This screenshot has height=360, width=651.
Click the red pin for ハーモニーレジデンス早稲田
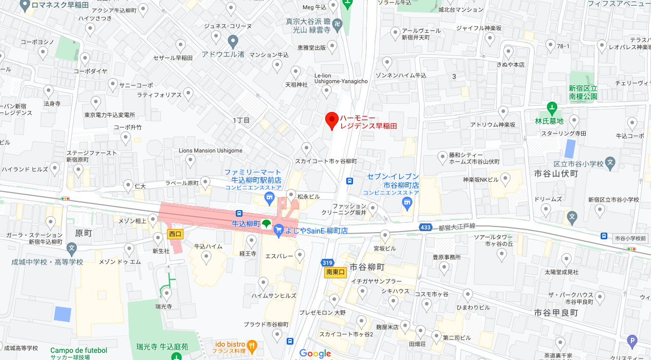click(x=332, y=120)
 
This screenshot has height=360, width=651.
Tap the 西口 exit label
click(x=176, y=234)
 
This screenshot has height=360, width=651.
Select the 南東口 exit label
click(x=336, y=273)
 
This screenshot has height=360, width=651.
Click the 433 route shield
click(x=425, y=227)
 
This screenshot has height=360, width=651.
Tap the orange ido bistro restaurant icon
click(x=252, y=346)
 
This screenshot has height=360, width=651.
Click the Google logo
click(x=315, y=353)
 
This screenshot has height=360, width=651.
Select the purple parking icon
click(x=632, y=340)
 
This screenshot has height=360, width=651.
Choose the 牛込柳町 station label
click(x=246, y=224)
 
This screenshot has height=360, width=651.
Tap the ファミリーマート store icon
click(x=268, y=198)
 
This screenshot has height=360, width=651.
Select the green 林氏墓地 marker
click(x=552, y=108)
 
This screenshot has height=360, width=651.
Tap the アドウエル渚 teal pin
click(x=233, y=41)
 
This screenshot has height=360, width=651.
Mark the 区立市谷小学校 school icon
click(x=610, y=164)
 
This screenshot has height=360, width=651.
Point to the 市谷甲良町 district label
click(x=556, y=313)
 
